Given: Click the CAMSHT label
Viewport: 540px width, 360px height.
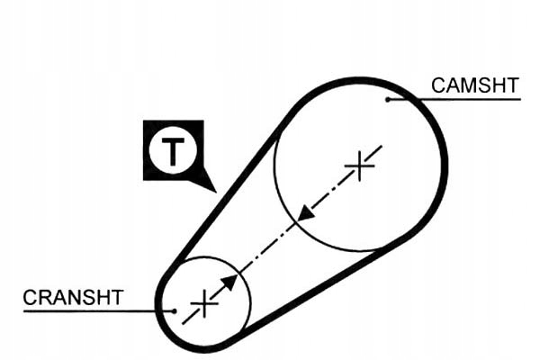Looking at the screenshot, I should [474, 85].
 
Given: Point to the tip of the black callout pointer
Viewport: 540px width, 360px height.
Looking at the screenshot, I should [216, 191].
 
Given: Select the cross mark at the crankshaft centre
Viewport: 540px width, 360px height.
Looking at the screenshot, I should [205, 302].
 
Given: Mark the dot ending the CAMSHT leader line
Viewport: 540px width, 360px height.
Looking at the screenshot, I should [388, 99].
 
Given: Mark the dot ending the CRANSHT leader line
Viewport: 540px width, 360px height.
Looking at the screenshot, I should [174, 310].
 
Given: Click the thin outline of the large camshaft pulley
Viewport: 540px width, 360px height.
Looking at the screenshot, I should [275, 180].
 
